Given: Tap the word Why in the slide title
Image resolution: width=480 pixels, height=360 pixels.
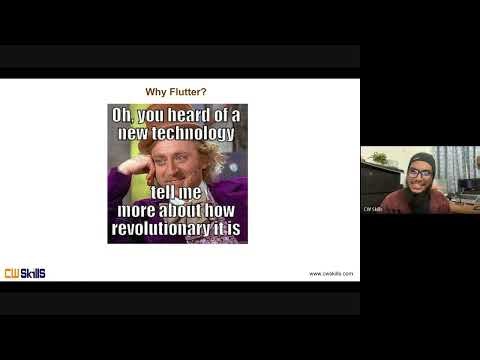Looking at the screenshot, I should pyautogui.click(x=161, y=92).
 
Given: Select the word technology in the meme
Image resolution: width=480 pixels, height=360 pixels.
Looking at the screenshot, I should pyautogui.click(x=190, y=133).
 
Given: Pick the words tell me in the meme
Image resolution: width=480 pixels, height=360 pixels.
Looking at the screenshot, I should pyautogui.click(x=177, y=193).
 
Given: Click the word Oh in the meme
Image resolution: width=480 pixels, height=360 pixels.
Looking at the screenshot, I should pyautogui.click(x=123, y=116).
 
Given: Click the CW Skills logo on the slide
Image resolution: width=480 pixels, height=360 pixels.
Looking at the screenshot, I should pyautogui.click(x=24, y=273).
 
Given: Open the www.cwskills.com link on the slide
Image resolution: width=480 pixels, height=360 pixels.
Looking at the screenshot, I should pyautogui.click(x=330, y=274).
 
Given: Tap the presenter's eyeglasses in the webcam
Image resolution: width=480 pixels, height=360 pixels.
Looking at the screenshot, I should pyautogui.click(x=420, y=173).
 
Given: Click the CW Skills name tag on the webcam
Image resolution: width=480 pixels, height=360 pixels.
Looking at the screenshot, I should pyautogui.click(x=373, y=209).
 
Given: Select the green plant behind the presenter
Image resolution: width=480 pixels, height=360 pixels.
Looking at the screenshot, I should pyautogui.click(x=380, y=157).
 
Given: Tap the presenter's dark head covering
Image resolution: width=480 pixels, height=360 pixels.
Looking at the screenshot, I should pyautogui.click(x=420, y=159).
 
